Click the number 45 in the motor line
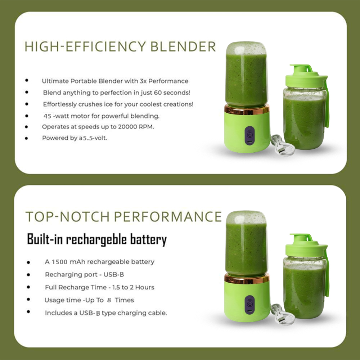tap(47, 116)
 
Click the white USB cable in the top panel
tap(282, 145)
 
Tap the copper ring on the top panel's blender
tap(247, 109)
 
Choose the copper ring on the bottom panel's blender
tap(247, 278)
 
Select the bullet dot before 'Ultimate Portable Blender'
tap(27, 81)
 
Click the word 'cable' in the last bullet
tap(157, 313)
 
